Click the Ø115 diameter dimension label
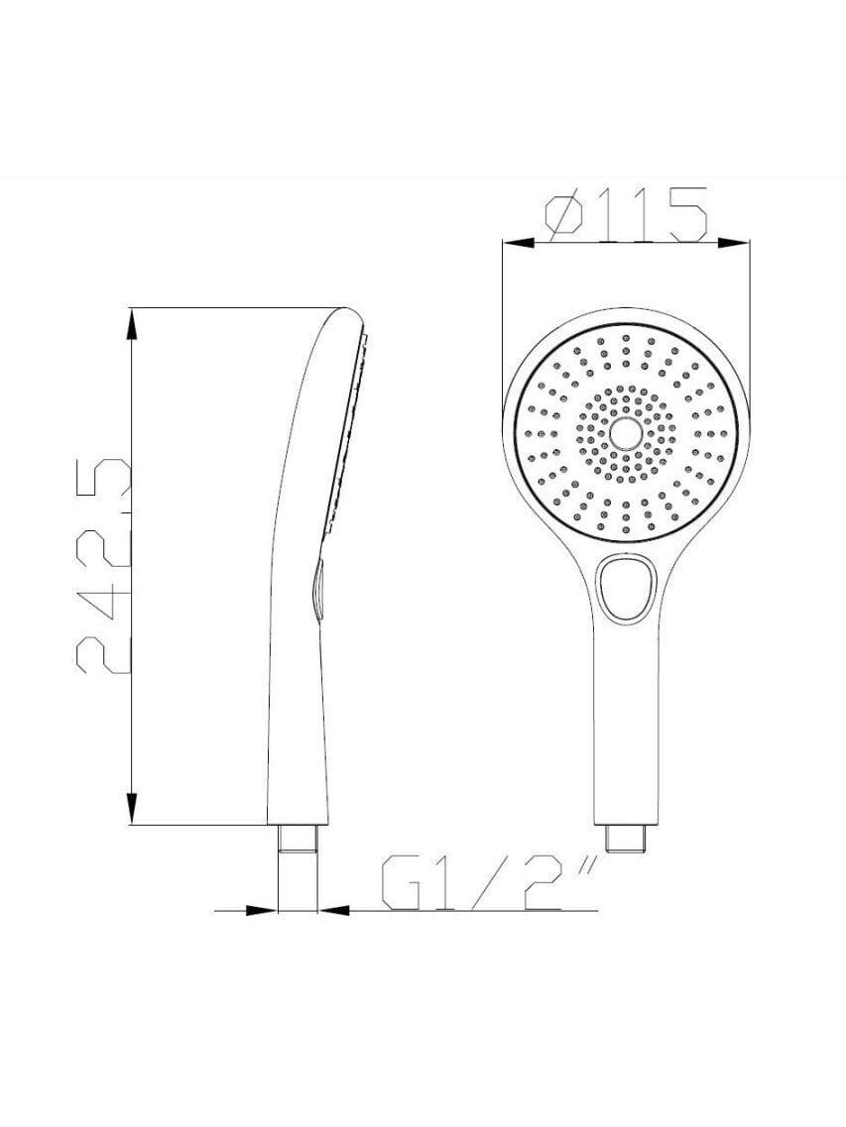pyautogui.click(x=627, y=213)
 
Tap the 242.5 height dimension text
pyautogui.click(x=103, y=564)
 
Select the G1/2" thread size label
pyautogui.click(x=489, y=882)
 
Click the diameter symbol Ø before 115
pyautogui.click(x=564, y=214)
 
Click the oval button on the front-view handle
pyautogui.click(x=625, y=588)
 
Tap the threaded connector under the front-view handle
pyautogui.click(x=627, y=838)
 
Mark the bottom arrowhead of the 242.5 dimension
pyautogui.click(x=131, y=809)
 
